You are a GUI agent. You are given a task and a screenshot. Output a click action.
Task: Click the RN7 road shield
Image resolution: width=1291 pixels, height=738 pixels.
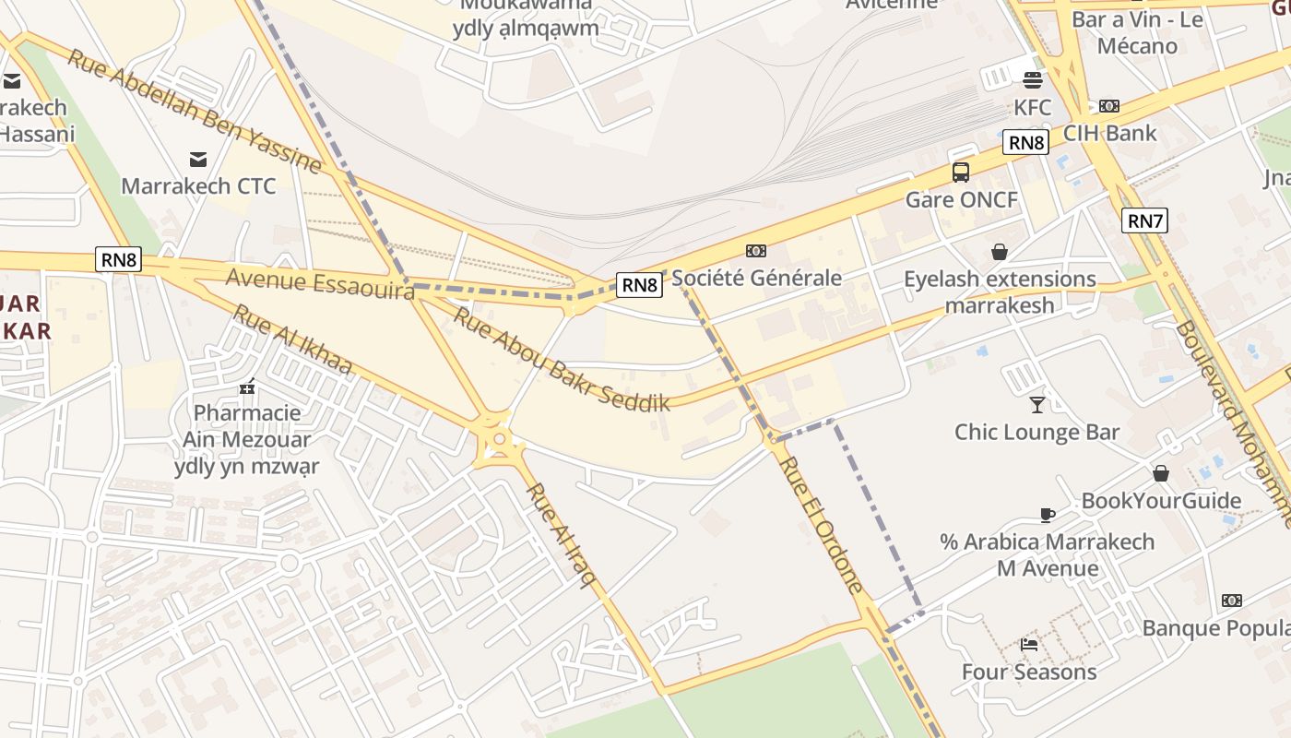click(1145, 220)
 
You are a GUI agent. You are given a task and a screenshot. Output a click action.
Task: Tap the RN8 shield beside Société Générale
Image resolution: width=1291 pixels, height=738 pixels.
click(639, 284)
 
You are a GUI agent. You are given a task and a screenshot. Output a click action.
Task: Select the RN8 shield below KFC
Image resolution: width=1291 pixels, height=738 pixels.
click(1025, 142)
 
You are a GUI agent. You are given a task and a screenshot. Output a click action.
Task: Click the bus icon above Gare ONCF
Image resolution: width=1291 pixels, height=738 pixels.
click(961, 172)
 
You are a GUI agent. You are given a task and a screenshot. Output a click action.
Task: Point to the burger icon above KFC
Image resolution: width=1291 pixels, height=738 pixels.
click(1032, 79)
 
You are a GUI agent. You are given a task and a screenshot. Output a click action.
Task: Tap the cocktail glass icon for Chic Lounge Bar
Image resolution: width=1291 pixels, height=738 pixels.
click(1037, 404)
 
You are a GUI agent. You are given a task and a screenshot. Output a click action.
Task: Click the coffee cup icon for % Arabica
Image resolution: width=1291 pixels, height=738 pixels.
click(1047, 514)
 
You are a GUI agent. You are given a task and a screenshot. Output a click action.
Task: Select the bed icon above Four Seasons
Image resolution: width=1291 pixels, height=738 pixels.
click(1029, 644)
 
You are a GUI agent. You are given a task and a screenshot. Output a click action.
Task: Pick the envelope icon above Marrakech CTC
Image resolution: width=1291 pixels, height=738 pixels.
click(198, 159)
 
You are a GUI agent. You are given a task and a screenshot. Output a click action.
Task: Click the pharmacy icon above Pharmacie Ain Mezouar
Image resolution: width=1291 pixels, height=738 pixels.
click(246, 387)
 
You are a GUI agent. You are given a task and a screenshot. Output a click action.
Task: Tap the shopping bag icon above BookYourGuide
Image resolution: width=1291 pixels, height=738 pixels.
click(1160, 473)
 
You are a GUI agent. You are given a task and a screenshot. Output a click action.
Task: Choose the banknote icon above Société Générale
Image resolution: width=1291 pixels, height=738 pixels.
click(756, 250)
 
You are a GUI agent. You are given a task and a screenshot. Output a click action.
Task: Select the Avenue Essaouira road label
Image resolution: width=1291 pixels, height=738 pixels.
click(320, 283)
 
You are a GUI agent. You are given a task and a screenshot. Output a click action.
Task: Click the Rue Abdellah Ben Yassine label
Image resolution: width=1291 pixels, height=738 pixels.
click(195, 112)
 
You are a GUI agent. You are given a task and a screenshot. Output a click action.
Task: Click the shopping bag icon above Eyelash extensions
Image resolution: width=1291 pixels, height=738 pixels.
click(999, 251)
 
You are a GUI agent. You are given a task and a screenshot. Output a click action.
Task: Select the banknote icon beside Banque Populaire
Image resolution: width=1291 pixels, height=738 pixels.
click(1231, 601)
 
